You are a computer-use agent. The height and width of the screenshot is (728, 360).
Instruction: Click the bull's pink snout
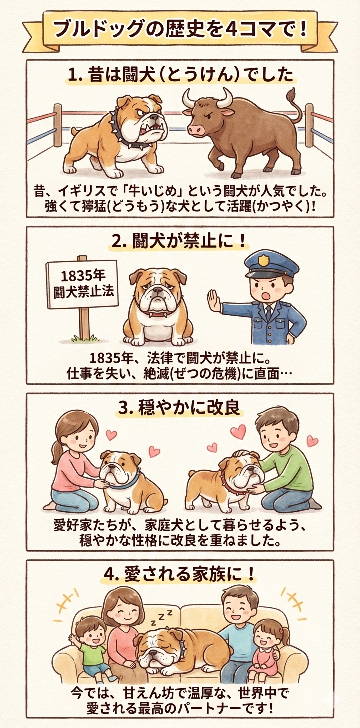coord(195,130)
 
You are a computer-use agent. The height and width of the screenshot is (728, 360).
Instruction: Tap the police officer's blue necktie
coord(268,312)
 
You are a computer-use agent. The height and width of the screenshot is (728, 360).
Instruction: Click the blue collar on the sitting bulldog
coord(129,481)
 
